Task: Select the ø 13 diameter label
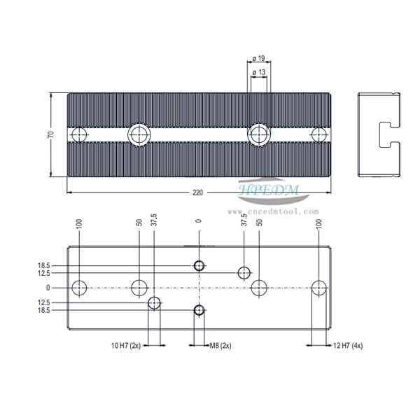(x=260, y=72)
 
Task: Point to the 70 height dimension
(x=50, y=134)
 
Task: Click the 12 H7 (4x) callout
(x=347, y=345)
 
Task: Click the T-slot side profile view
(x=379, y=134)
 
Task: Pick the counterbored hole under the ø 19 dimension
(x=260, y=134)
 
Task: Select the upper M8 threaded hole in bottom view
(x=199, y=266)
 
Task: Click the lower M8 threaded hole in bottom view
(x=199, y=309)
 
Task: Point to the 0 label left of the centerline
(x=48, y=287)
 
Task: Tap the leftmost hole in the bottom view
(x=80, y=287)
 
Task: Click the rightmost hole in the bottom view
(x=320, y=287)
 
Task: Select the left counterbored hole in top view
(x=139, y=134)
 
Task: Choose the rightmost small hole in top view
(x=319, y=134)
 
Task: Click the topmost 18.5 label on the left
(x=45, y=266)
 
